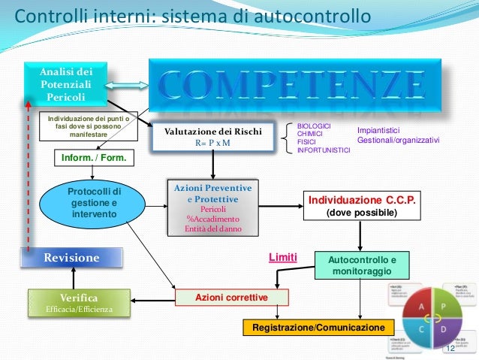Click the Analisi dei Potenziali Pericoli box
coord(66,83)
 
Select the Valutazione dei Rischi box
coord(208,136)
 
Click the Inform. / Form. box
coord(93,159)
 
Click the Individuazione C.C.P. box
coord(360,206)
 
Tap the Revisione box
coord(72,258)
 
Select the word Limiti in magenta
coord(283,258)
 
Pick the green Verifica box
coord(80,302)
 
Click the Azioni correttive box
coord(231,298)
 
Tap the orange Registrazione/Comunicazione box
coord(318,328)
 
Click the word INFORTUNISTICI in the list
coord(324,150)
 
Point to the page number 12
coord(450,349)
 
